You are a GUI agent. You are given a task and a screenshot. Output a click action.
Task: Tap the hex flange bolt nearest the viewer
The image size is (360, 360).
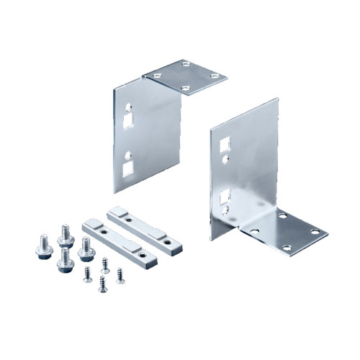64,264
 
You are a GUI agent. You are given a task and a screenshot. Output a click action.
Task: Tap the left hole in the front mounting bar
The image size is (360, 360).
100,232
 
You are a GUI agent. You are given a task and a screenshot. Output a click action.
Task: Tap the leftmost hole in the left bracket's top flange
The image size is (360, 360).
153,75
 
